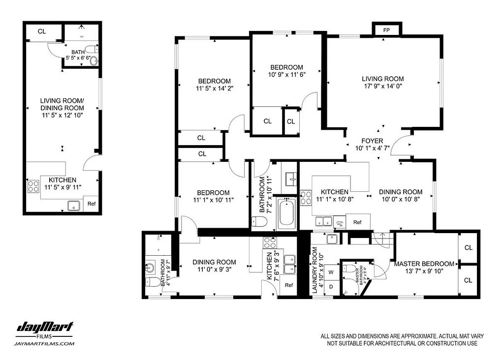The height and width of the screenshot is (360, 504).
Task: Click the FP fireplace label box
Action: pyautogui.click(x=386, y=30)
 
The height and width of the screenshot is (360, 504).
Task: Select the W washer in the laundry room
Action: pyautogui.click(x=331, y=271)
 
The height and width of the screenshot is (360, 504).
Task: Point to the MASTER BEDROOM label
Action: pyautogui.click(x=424, y=264)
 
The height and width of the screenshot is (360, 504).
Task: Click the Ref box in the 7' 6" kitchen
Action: pyautogui.click(x=289, y=285)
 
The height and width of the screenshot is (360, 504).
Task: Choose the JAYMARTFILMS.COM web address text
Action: pyautogui.click(x=45, y=344)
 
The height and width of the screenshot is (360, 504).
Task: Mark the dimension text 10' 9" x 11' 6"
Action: pyautogui.click(x=286, y=75)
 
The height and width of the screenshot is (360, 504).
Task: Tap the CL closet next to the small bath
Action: pyautogui.click(x=42, y=31)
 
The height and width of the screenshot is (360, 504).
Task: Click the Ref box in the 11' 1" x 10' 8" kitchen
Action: pyautogui.click(x=358, y=222)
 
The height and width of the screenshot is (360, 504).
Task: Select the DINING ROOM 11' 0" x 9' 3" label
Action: pyautogui.click(x=214, y=266)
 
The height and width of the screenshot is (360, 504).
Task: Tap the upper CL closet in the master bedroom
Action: pyautogui.click(x=468, y=247)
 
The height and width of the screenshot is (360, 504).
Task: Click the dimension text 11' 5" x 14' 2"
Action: pyautogui.click(x=214, y=85)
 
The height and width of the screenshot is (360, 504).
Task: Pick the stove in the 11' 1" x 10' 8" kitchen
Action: pyautogui.click(x=306, y=197)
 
